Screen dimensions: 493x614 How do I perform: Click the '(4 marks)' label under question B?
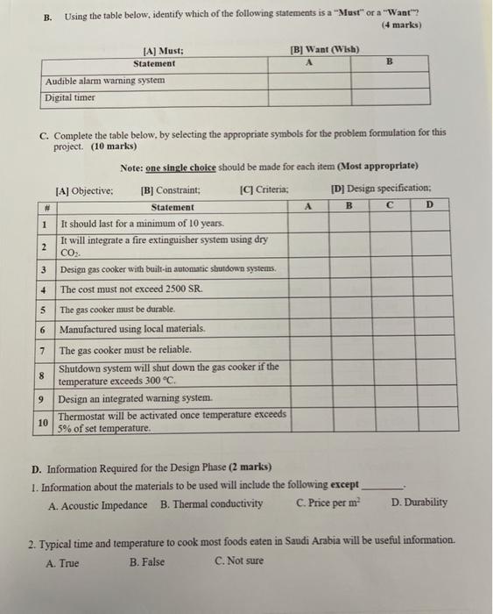pos(402,25)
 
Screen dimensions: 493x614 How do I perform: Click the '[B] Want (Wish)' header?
pos(324,49)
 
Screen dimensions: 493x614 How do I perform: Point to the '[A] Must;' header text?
pos(164,52)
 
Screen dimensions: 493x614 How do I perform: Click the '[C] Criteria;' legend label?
pos(264,189)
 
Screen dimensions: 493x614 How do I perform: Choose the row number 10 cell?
pos(44,422)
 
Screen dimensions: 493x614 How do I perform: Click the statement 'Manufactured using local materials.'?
pos(132,329)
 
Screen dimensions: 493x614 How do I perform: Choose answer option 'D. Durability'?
pos(419,503)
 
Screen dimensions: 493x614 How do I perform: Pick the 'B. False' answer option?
pos(146,562)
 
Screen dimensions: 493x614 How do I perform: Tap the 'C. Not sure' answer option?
pos(238,562)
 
